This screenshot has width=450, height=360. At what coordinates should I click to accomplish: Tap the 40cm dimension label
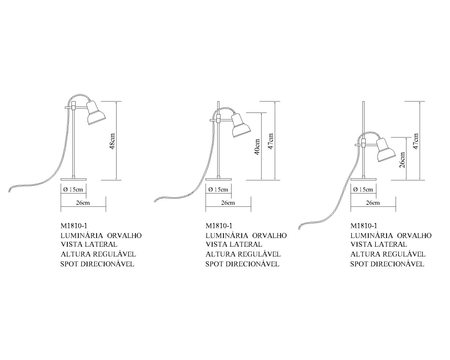(x=257, y=147)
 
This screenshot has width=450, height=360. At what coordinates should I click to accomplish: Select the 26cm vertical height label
(x=403, y=160)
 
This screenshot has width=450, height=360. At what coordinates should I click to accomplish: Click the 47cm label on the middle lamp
(x=271, y=141)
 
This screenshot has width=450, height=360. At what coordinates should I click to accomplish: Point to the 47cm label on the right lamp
(x=416, y=141)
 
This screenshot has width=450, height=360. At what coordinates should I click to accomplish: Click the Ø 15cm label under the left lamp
(x=73, y=189)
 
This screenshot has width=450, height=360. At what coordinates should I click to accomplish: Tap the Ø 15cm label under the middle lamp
(x=218, y=189)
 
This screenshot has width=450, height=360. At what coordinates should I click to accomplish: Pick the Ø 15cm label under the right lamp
(x=363, y=189)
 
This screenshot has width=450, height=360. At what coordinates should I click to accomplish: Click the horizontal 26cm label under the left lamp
(x=83, y=203)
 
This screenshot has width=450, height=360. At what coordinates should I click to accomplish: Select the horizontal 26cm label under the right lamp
(x=373, y=203)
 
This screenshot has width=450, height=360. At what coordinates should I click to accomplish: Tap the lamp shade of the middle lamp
(x=241, y=125)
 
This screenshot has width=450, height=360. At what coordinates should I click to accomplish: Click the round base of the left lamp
(x=74, y=179)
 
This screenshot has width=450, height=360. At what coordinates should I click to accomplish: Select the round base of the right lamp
(x=363, y=179)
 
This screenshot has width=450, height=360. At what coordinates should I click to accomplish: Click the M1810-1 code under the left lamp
(x=74, y=226)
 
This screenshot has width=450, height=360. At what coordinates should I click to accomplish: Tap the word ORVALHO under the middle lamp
(x=270, y=235)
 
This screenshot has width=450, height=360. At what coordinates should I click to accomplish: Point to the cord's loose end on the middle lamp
(x=155, y=200)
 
